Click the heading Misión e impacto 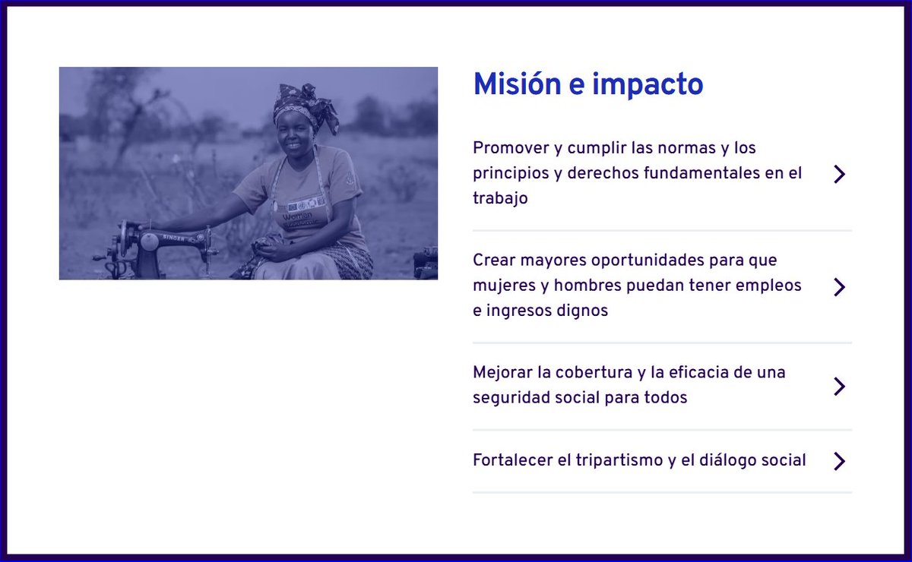tap(587, 84)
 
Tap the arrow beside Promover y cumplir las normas tap(839, 174)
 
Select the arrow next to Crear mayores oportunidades tap(839, 287)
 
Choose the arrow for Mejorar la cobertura tap(839, 387)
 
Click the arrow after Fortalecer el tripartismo tap(839, 461)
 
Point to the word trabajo tap(500, 198)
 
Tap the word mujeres tap(502, 286)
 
